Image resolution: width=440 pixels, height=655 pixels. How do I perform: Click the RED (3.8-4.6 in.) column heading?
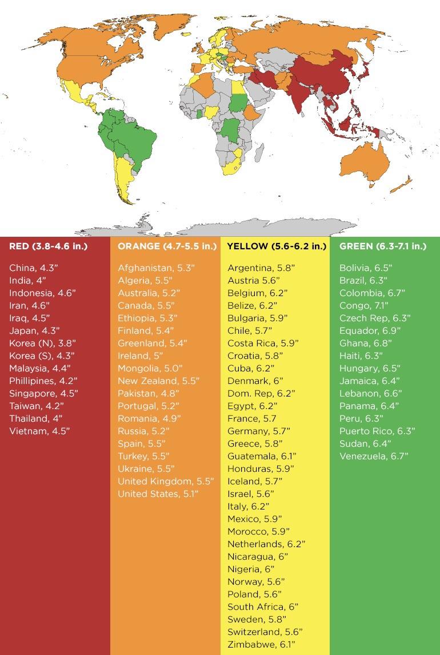(48, 246)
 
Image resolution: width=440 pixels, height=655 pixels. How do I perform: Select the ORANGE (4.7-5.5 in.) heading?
(167, 246)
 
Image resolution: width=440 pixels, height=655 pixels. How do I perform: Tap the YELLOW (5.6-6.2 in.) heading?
(277, 246)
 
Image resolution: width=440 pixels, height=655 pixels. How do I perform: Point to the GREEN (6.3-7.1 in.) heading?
(382, 246)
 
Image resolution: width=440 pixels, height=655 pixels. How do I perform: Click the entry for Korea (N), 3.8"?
(42, 343)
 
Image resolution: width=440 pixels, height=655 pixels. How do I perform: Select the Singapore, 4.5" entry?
(43, 393)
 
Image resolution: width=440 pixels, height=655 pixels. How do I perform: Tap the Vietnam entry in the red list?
(39, 431)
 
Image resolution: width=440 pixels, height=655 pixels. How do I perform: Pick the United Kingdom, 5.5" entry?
(165, 481)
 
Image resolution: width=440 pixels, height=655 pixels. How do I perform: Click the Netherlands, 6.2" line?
(266, 544)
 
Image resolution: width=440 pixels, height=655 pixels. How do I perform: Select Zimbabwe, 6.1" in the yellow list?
(261, 644)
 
